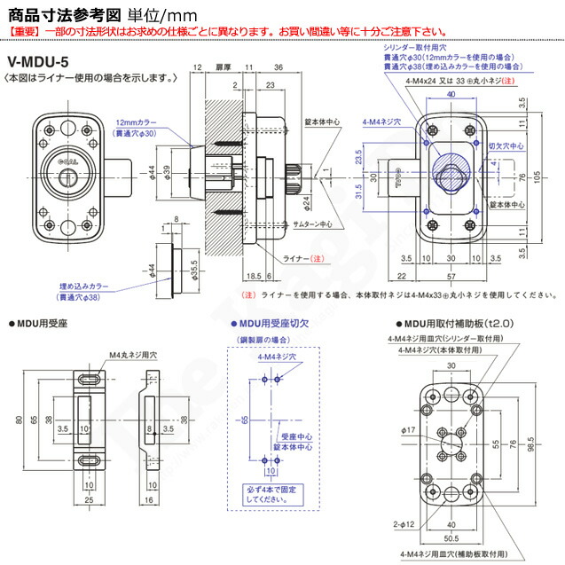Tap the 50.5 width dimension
pyautogui.click(x=451, y=538)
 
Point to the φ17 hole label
pyautogui.click(x=408, y=430)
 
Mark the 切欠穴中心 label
pyautogui.click(x=507, y=142)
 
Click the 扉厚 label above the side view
pyautogui.click(x=224, y=67)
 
